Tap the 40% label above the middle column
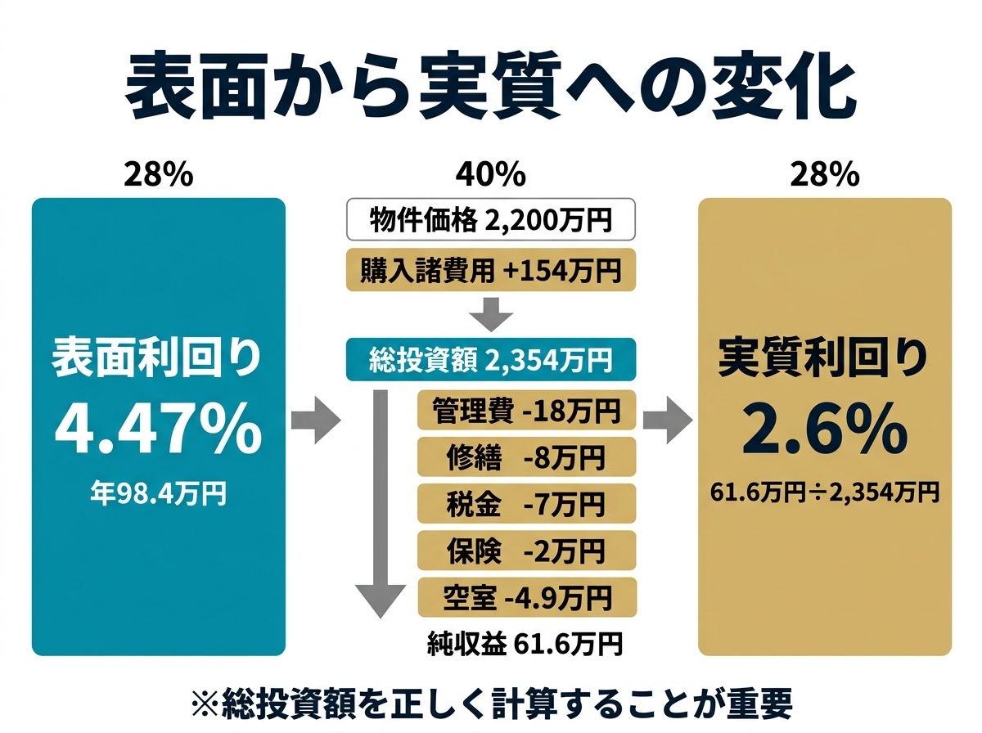[x=490, y=174]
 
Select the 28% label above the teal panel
[x=158, y=174]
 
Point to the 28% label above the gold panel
[x=824, y=174]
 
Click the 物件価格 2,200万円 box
[x=490, y=218]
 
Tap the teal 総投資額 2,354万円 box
[x=490, y=360]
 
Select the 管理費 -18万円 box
[x=526, y=411]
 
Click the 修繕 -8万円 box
[x=526, y=457]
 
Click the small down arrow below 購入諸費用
[x=491, y=313]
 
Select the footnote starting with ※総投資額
[x=490, y=703]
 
